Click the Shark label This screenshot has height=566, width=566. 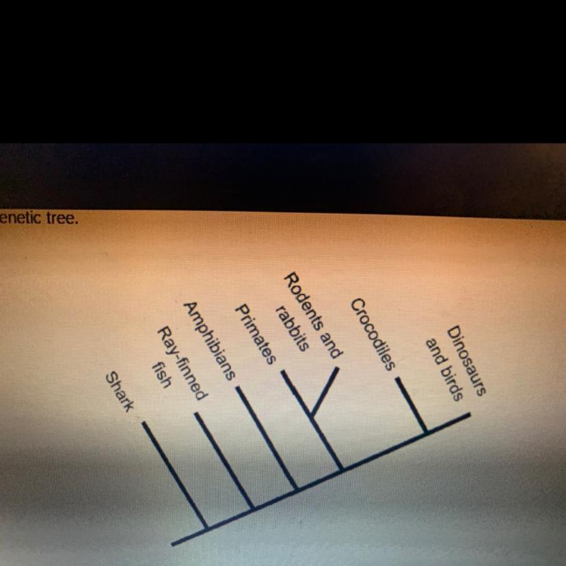pos(120,391)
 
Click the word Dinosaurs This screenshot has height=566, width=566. pos(467,361)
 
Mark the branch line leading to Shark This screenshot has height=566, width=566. pos(174,474)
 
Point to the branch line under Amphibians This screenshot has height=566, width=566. pos(267,437)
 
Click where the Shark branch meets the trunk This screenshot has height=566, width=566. pos(207,526)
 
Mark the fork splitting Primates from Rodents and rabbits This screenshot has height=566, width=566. pos(311,414)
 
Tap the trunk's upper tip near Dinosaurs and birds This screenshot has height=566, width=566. pos(469,414)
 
